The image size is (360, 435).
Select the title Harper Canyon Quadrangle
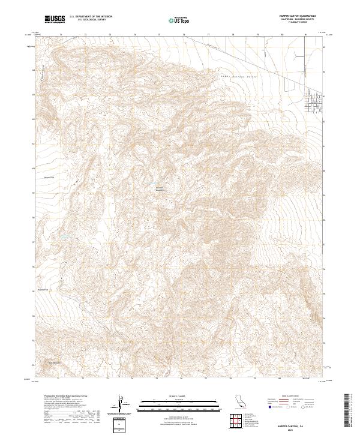[301, 16]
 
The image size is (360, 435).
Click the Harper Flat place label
[49, 178]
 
